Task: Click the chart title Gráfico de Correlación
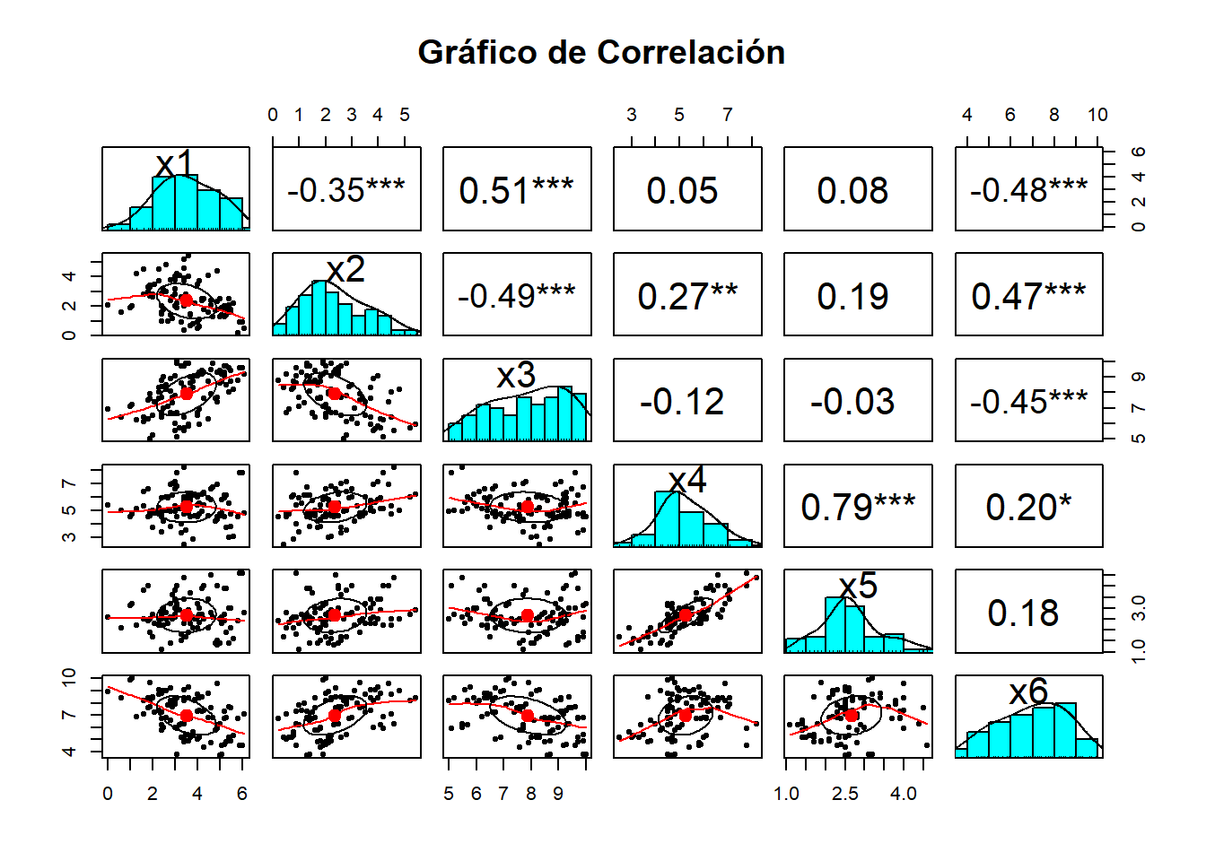[x=601, y=53]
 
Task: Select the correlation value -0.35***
[x=346, y=190]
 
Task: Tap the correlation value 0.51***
[x=517, y=190]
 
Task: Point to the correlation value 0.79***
[x=858, y=507]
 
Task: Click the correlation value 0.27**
[x=687, y=296]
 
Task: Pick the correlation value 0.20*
[x=1028, y=507]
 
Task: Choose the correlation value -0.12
[x=682, y=402]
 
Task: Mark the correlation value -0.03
[x=852, y=402]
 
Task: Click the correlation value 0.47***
[x=1028, y=296]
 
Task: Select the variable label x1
[x=175, y=164]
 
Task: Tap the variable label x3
[x=516, y=375]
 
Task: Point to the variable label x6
[x=1028, y=691]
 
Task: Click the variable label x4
[x=687, y=481]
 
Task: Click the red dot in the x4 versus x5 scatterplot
[x=686, y=615]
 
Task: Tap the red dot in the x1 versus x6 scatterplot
[x=186, y=716]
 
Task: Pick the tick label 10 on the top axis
[x=1097, y=115]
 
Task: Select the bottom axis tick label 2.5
[x=844, y=794]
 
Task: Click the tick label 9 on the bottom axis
[x=558, y=794]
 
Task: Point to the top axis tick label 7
[x=728, y=115]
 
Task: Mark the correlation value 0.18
[x=1023, y=613]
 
